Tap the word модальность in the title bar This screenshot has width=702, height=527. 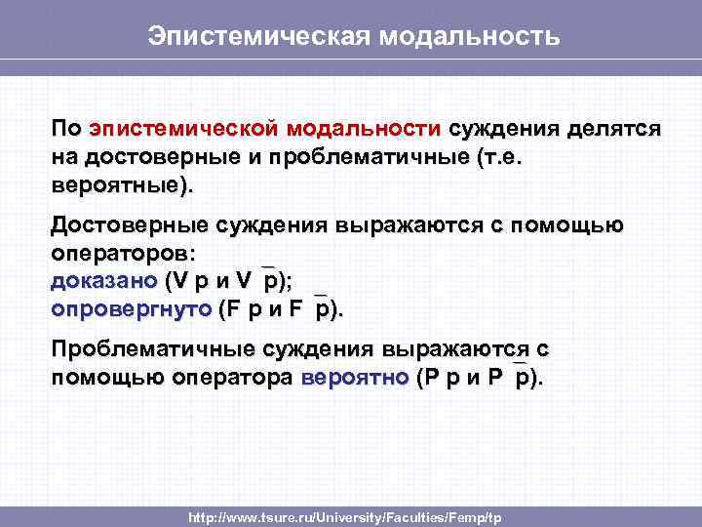[x=471, y=36]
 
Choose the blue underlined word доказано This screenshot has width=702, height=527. [x=103, y=282]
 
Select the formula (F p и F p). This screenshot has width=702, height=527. [x=282, y=309]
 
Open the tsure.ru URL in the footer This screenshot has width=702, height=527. [x=346, y=516]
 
